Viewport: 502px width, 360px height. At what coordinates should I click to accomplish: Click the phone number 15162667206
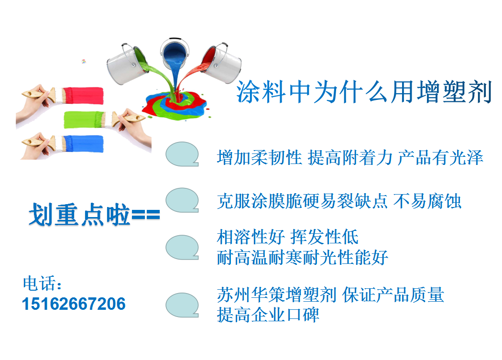[74, 304]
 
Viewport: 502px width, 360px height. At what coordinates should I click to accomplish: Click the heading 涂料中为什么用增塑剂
[364, 92]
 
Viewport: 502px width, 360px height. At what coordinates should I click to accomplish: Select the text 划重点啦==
[95, 214]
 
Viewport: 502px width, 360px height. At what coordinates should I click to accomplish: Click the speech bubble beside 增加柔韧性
[182, 154]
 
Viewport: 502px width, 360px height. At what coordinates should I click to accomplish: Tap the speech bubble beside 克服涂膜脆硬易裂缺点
[182, 200]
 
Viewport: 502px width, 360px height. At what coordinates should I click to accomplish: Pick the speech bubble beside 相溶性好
[182, 247]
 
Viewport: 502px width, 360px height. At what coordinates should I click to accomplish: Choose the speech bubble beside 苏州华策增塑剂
[182, 305]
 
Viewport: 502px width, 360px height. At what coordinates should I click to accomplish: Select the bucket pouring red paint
[221, 63]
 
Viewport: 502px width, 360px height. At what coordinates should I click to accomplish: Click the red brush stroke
[84, 96]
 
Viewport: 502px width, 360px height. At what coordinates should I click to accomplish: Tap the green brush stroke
[85, 120]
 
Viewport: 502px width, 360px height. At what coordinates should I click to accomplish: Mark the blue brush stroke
[83, 144]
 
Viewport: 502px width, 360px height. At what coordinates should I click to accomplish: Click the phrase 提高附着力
[350, 158]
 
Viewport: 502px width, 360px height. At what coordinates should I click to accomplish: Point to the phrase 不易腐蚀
[427, 201]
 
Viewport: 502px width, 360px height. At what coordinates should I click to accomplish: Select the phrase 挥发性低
[324, 237]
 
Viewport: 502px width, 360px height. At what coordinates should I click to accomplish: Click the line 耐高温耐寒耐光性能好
[303, 258]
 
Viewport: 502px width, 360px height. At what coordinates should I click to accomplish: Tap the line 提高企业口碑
[268, 315]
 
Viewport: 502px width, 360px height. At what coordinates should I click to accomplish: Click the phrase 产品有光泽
[440, 158]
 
